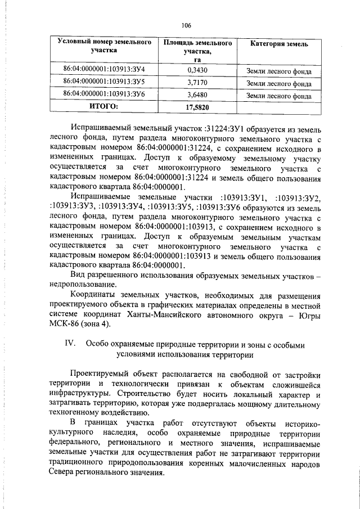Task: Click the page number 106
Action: point(186,25)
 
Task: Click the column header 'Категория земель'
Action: point(278,44)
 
